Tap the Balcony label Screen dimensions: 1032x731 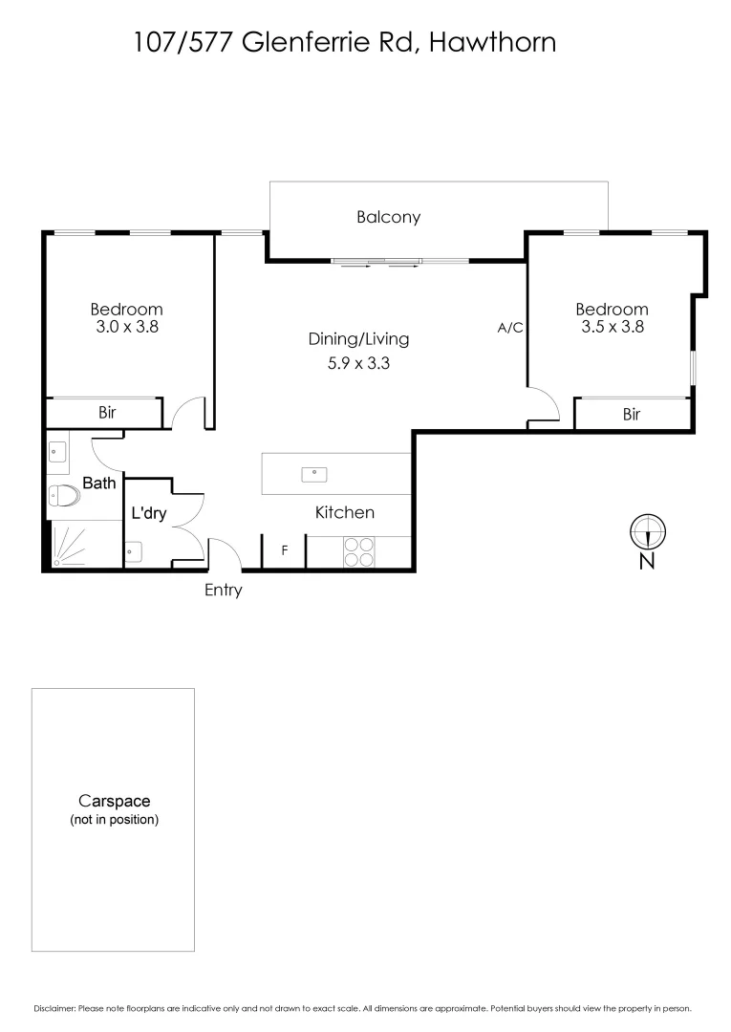click(388, 217)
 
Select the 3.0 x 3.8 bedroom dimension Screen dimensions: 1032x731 click(126, 326)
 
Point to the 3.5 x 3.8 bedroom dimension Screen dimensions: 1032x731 click(612, 326)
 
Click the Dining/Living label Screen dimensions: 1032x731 click(358, 338)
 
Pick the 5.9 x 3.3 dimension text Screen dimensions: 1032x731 click(358, 363)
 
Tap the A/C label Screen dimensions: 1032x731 click(510, 328)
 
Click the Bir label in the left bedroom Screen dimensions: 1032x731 click(107, 413)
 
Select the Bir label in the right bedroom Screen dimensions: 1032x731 click(631, 414)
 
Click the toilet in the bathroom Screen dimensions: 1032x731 click(64, 496)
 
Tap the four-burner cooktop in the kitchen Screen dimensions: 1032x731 click(359, 552)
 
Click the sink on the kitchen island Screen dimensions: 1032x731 click(314, 473)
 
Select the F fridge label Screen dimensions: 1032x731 click(284, 551)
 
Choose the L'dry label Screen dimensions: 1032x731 click(149, 513)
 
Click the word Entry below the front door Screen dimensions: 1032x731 click(223, 591)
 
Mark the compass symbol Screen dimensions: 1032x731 click(647, 530)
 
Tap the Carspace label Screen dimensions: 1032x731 click(114, 802)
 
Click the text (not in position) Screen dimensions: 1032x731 click(114, 820)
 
